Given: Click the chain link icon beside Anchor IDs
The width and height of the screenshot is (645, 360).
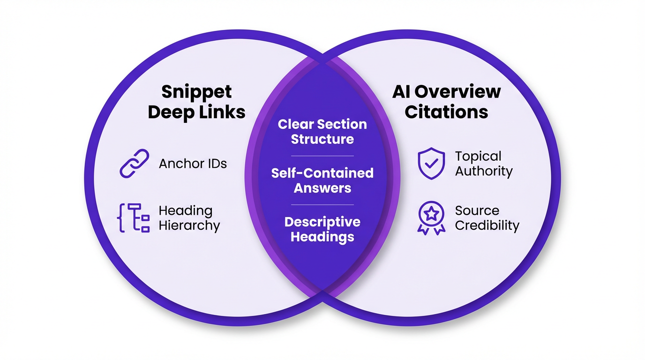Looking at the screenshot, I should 135,163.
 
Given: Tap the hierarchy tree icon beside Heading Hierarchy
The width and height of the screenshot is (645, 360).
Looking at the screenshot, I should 133,218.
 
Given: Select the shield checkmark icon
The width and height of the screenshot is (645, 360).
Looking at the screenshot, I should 431,163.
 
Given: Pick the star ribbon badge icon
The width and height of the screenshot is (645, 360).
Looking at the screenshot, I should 431,218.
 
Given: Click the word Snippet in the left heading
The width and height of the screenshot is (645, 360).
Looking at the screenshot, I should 196,92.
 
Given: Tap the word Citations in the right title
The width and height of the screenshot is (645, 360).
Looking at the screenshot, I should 446,112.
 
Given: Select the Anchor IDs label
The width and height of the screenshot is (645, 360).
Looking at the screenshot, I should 193,164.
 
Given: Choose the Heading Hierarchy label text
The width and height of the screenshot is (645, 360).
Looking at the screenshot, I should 189,218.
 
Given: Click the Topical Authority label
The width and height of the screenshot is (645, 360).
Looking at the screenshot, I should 484,164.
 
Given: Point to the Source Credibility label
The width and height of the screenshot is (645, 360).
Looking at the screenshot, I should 487,218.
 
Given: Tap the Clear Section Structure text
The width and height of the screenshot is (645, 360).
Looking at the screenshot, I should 322,132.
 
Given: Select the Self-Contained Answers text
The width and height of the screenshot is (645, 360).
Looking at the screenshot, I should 322,180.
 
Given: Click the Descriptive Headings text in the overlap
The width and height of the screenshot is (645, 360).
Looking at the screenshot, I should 322,229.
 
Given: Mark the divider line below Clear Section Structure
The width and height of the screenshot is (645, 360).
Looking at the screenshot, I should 322,156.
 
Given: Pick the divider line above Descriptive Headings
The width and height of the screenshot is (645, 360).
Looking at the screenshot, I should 322,205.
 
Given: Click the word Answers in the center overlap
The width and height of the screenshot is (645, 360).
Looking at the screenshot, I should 322,188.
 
